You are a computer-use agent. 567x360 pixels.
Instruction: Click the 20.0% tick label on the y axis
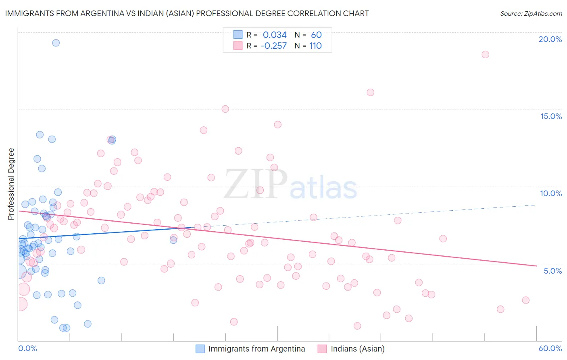tap(550, 39)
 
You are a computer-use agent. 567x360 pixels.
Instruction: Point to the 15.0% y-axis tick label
tap(551, 116)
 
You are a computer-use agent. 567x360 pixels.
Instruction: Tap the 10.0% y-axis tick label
tap(551, 193)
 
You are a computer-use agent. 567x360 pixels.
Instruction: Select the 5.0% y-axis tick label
tap(552, 271)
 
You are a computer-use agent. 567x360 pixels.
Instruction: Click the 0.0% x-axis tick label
tap(27, 348)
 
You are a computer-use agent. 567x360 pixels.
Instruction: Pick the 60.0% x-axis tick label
tap(550, 348)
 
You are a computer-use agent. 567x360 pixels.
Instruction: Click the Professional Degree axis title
tap(11, 184)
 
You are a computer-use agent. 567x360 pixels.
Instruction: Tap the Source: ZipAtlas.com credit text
tap(531, 13)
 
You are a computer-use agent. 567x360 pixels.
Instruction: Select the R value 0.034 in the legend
tap(275, 35)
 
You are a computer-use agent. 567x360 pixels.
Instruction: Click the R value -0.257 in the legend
tap(273, 46)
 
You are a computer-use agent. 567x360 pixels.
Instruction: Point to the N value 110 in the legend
tap(315, 46)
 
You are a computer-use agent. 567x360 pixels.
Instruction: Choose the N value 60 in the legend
tap(316, 35)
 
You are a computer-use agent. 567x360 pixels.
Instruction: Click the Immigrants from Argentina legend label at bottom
tap(256, 349)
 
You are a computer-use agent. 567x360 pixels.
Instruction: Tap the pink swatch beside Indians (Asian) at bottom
tap(322, 349)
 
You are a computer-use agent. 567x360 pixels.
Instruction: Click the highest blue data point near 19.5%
tap(56, 43)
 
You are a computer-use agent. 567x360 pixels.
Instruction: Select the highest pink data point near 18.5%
tap(485, 54)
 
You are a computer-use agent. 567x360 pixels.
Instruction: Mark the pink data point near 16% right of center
tap(370, 92)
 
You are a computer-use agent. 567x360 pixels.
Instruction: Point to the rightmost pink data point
tap(525, 300)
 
